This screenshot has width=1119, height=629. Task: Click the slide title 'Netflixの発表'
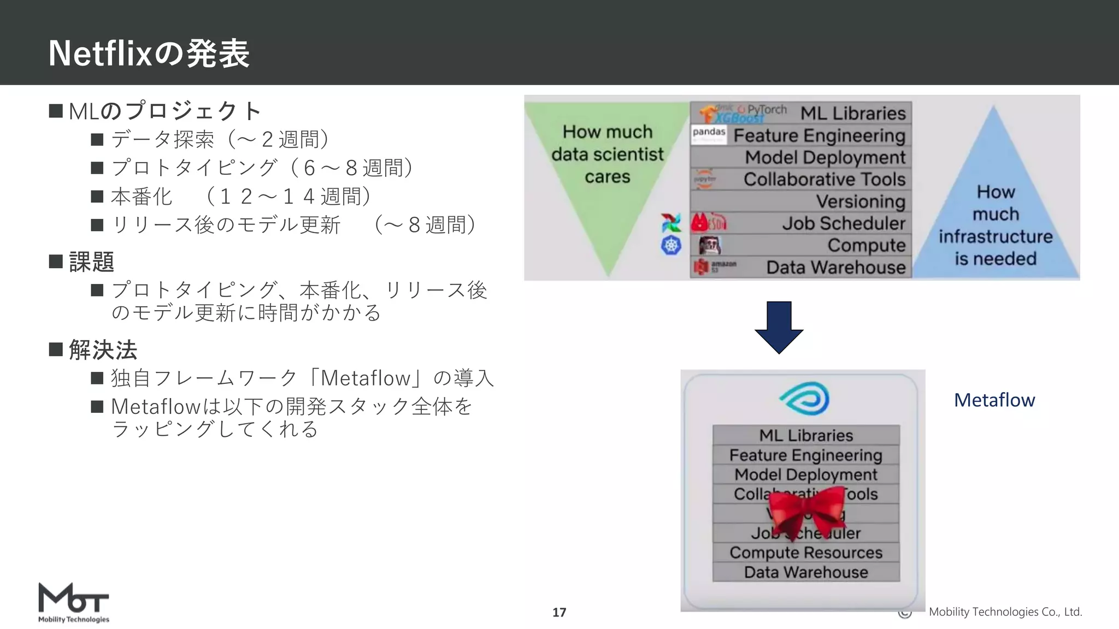[149, 54]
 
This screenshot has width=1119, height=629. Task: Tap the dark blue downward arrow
[779, 327]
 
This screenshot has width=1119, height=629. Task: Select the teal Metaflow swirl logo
[805, 399]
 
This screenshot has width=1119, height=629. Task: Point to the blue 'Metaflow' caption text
[994, 400]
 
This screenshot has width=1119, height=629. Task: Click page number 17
[559, 612]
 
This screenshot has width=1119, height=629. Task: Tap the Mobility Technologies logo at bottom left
[74, 602]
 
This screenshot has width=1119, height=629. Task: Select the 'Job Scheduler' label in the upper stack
[843, 223]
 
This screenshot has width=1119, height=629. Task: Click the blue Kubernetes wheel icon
[671, 246]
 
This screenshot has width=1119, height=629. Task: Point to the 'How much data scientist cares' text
[607, 154]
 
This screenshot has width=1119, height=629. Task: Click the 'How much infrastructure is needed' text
[996, 225]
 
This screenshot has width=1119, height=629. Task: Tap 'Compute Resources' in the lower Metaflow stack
[806, 553]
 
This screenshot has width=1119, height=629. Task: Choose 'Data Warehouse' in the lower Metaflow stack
[806, 572]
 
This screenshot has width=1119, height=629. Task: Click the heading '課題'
[91, 262]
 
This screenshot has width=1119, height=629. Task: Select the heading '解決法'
[103, 350]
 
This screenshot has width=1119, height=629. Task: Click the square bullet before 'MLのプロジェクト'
[56, 111]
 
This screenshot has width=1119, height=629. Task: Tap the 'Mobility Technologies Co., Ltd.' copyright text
[1005, 612]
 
